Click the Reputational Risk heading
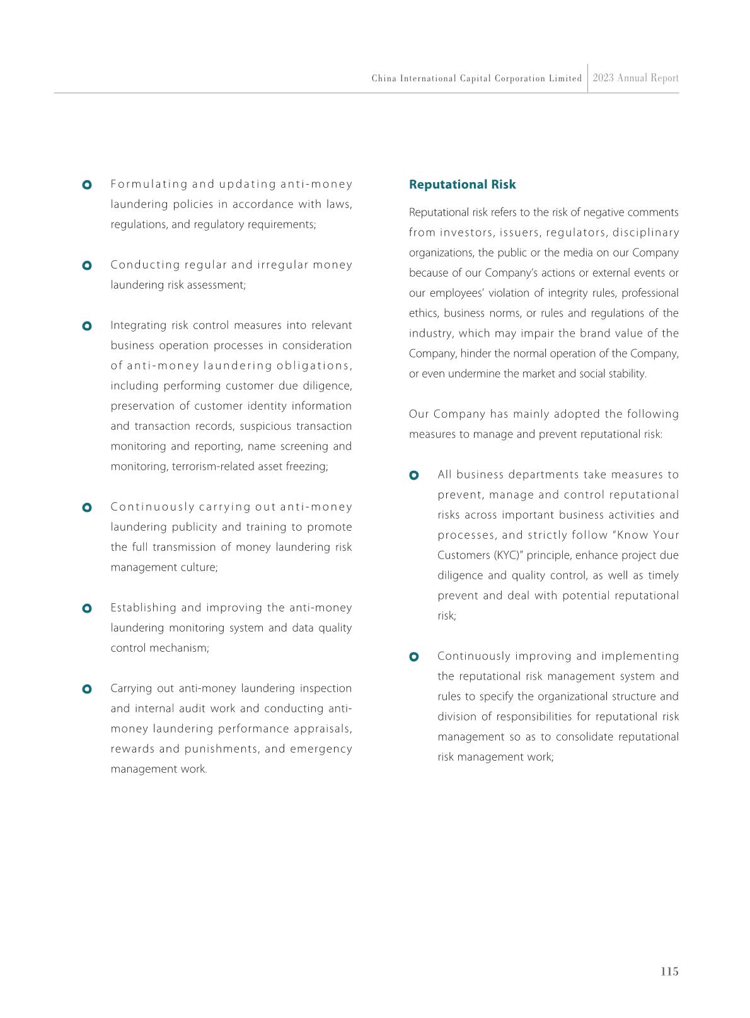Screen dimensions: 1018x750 (462, 185)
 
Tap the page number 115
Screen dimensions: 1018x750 (669, 971)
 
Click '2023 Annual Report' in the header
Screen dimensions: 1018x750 (635, 78)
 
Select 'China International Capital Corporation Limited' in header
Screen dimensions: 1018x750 (476, 79)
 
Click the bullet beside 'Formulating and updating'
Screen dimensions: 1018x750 (87, 185)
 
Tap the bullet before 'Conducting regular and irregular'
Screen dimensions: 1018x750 (87, 265)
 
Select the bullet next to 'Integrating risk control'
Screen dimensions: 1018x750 (87, 326)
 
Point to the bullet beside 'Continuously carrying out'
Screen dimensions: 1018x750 (87, 507)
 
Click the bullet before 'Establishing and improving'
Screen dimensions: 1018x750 (87, 608)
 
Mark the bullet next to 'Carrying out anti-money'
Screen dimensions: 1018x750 (87, 689)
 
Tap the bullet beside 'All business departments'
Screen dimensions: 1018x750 (414, 475)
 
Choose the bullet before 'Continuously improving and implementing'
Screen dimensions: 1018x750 (414, 657)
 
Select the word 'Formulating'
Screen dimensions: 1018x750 (149, 184)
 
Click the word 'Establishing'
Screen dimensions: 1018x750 (143, 608)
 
